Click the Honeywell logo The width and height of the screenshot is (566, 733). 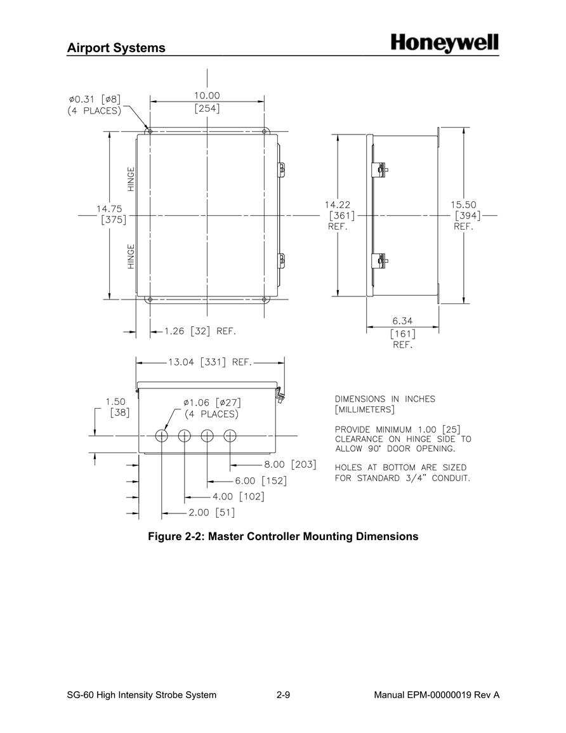tap(444, 44)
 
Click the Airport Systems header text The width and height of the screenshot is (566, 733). tap(116, 48)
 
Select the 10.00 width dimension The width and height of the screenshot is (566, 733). tap(207, 95)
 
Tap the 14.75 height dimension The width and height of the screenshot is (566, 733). tap(109, 209)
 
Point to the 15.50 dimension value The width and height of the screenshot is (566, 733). tap(463, 205)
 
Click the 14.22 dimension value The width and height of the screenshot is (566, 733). tap(338, 205)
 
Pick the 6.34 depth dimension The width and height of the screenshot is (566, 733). tap(402, 320)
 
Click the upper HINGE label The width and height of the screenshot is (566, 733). tap(131, 179)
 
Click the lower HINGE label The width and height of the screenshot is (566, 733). tap(131, 256)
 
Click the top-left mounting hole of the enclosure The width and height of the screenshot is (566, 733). tap(150, 131)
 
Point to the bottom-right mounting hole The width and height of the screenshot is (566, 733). tap(264, 299)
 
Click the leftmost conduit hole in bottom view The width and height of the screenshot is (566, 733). tap(161, 436)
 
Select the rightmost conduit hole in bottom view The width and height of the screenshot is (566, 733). tap(230, 436)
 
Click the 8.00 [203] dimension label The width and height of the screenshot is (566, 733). tap(290, 465)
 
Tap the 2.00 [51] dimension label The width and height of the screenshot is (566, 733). tap(212, 512)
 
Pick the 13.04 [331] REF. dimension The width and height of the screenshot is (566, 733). tap(210, 362)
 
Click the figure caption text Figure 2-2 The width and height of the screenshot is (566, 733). tap(283, 536)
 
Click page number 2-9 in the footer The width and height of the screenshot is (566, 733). tap(283, 695)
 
